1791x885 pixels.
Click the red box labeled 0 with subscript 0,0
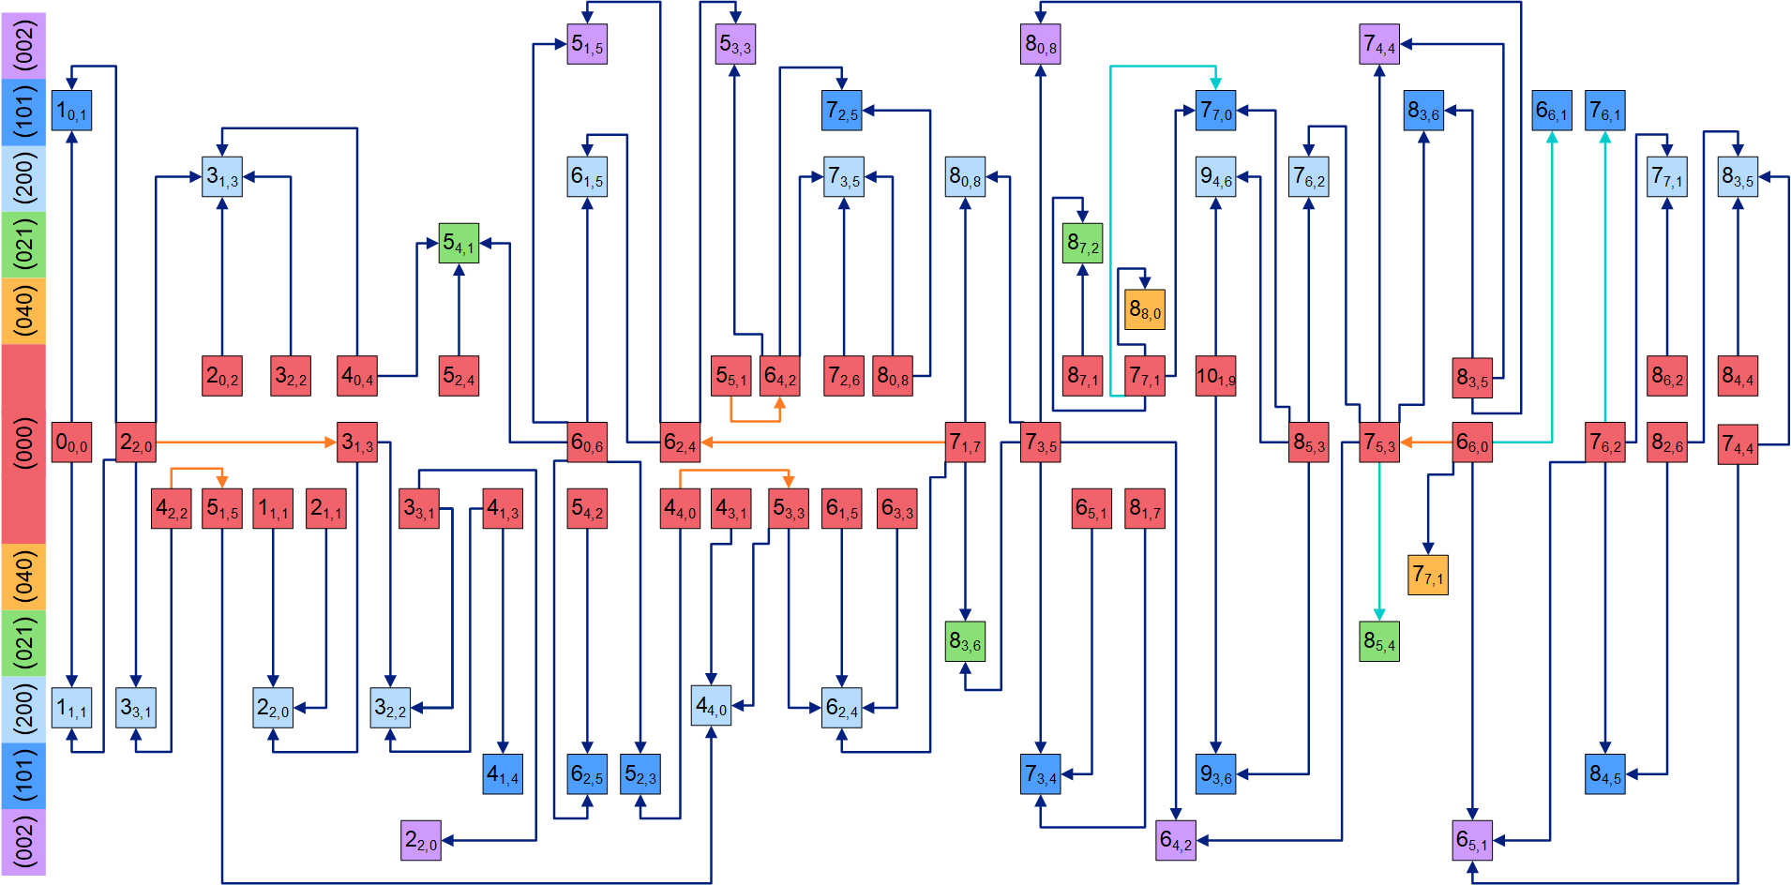tap(71, 442)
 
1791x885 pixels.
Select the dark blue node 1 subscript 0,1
tap(71, 111)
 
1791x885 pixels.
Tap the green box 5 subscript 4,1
tap(459, 243)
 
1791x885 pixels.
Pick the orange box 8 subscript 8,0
tap(1144, 309)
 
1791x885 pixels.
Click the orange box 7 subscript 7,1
tap(1427, 575)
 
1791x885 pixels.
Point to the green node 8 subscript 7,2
tap(1082, 243)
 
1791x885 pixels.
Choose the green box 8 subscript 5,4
tap(1378, 641)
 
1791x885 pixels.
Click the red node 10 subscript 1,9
tap(1215, 376)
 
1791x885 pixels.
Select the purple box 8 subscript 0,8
tap(1040, 44)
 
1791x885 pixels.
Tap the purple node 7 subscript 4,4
tap(1378, 44)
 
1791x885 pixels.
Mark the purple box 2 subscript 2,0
tap(420, 840)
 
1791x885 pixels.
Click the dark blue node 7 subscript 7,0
tap(1215, 111)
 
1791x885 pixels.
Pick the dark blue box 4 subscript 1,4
tap(503, 774)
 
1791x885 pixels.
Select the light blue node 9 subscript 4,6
tap(1215, 176)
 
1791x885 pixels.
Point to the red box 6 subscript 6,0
tap(1472, 442)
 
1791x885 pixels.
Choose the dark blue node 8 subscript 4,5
tap(1604, 774)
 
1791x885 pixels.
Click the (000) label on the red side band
tap(23, 442)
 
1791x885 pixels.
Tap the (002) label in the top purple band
tap(23, 44)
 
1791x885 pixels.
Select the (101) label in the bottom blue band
tap(23, 774)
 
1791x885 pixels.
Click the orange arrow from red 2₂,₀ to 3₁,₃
tap(244, 442)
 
